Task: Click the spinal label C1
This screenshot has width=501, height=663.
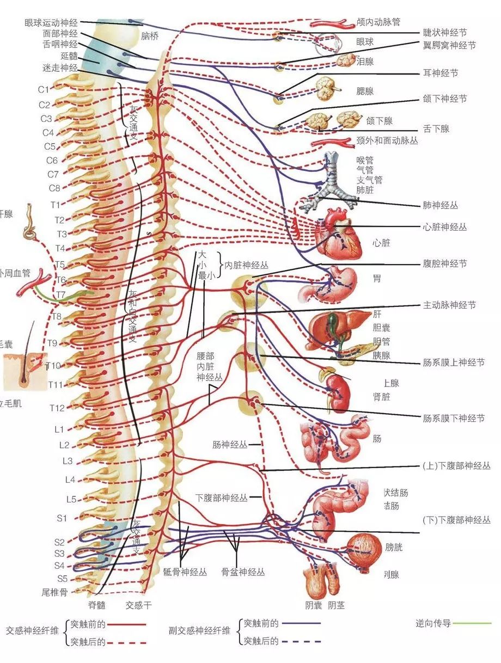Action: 44,89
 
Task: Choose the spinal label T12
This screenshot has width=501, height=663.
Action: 57,408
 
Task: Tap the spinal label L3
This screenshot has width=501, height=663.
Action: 68,461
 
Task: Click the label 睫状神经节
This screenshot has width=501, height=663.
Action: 444,33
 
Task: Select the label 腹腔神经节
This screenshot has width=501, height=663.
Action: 444,263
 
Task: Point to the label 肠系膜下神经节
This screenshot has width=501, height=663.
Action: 453,419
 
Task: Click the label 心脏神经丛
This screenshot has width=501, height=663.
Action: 444,227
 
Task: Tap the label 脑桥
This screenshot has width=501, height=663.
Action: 149,36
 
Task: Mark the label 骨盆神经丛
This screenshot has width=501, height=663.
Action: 243,572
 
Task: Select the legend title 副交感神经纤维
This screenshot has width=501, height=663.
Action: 199,630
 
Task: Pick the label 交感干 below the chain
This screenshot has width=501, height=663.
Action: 139,605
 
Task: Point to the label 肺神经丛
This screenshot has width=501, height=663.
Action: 440,206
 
